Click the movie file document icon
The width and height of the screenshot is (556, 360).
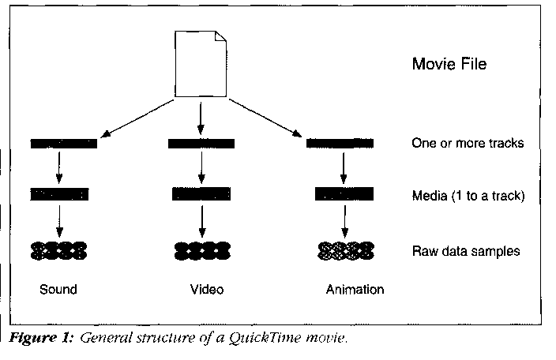pyautogui.click(x=200, y=63)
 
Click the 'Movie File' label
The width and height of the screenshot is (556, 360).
pyautogui.click(x=449, y=64)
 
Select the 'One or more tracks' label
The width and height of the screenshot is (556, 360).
pyautogui.click(x=468, y=144)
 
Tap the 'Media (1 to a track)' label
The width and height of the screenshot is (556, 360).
pyautogui.click(x=467, y=194)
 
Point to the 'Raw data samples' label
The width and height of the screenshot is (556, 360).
pyautogui.click(x=465, y=252)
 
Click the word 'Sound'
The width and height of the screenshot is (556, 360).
pyautogui.click(x=58, y=290)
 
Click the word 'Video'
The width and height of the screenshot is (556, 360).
pyautogui.click(x=207, y=290)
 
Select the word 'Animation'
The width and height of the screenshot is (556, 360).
pyautogui.click(x=355, y=290)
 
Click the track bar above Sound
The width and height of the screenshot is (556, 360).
pyautogui.click(x=64, y=144)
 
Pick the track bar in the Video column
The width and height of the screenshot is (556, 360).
pyautogui.click(x=201, y=144)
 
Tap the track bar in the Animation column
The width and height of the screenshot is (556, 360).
pyautogui.click(x=339, y=144)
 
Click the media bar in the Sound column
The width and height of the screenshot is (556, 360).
pyautogui.click(x=60, y=193)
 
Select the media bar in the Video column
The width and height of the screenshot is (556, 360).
pyautogui.click(x=201, y=193)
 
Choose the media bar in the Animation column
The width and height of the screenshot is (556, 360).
pyautogui.click(x=344, y=193)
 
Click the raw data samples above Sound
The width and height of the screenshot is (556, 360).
pyautogui.click(x=59, y=252)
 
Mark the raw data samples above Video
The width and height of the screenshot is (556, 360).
pyautogui.click(x=201, y=252)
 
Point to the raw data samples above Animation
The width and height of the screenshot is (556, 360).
pyautogui.click(x=345, y=252)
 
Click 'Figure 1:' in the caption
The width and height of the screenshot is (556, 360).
pyautogui.click(x=39, y=339)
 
